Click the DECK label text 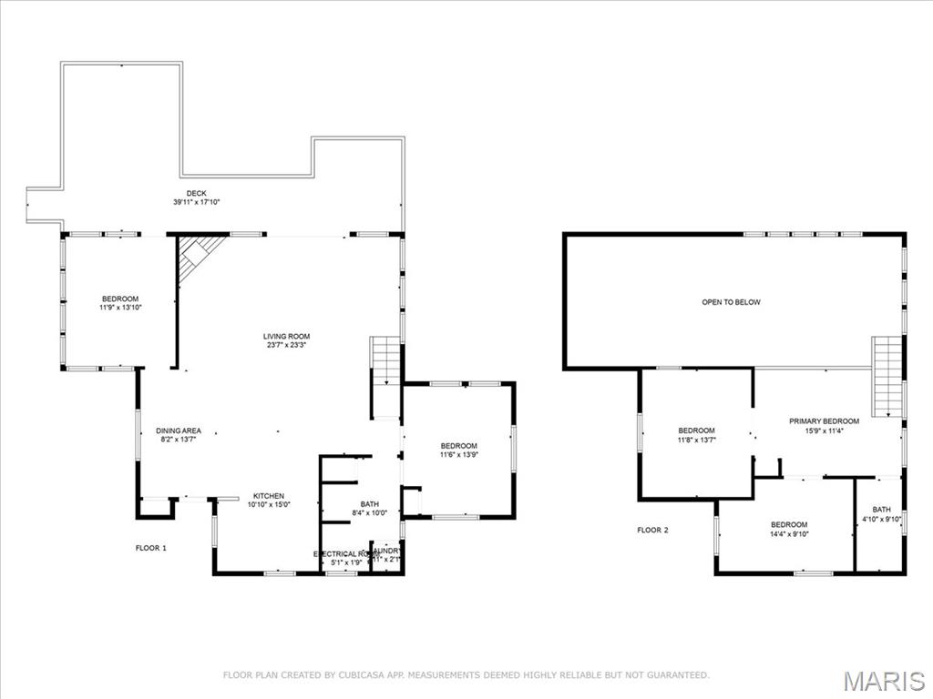197,194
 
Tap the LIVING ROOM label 287,337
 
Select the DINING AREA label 179,431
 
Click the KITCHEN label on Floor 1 269,496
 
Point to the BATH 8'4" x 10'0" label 369,504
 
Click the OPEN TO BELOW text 731,302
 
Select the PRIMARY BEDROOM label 824,421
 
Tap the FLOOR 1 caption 151,548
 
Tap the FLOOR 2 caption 652,530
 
